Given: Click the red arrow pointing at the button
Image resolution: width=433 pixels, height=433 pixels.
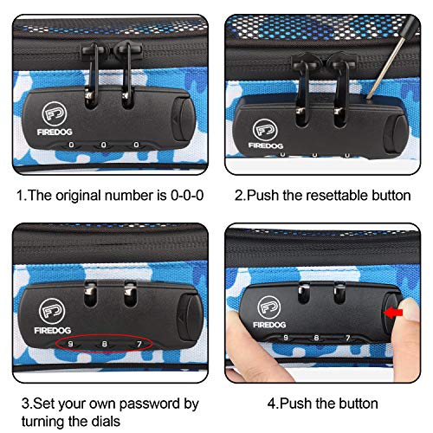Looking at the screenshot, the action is pos(392,313).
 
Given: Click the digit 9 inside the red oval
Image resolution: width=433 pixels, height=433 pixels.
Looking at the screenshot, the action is pos(70,344).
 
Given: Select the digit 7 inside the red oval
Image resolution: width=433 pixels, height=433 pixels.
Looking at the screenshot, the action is pos(139,344).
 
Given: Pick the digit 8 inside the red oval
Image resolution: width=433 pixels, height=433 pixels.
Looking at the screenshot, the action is pos(105,344).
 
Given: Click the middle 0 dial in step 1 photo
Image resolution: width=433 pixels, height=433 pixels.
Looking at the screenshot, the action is pos(104,145).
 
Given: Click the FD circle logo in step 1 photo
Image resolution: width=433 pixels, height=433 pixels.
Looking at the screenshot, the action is pos(55,113).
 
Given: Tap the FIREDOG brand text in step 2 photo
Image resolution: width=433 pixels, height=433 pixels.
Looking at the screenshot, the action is pos(266,145).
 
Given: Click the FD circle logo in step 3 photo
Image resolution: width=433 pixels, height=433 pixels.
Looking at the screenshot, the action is pos(52,311).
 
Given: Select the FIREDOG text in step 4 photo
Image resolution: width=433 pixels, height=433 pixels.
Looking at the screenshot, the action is pos(269,325).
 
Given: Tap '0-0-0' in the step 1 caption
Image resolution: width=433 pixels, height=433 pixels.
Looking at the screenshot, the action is pos(187,195).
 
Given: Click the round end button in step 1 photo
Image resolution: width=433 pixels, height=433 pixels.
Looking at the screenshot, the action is pos(183,119).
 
